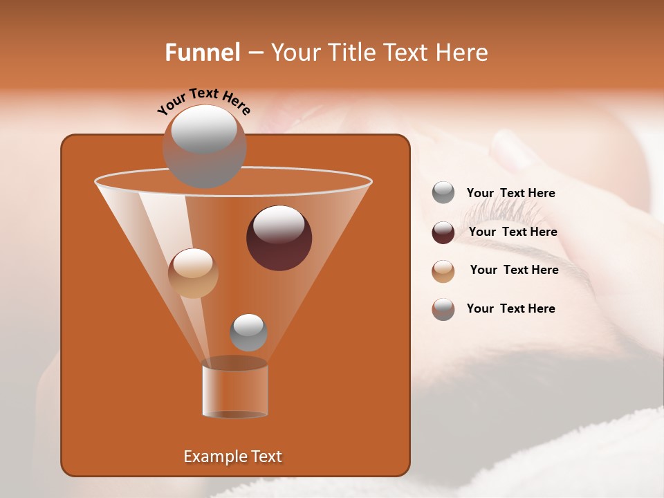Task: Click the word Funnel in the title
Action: click(203, 53)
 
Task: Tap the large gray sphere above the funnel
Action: click(204, 146)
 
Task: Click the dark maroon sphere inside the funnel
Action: click(279, 238)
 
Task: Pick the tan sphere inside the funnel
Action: click(193, 273)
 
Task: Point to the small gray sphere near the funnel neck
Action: click(248, 332)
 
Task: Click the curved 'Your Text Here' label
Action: click(203, 102)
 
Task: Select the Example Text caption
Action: click(232, 456)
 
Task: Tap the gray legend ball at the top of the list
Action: click(443, 193)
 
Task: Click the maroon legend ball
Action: click(443, 232)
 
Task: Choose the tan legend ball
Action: click(443, 270)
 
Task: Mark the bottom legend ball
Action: click(443, 309)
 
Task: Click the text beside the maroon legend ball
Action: click(513, 232)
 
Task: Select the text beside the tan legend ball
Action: click(514, 270)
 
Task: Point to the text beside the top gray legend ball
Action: click(510, 193)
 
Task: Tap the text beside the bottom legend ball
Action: click(510, 308)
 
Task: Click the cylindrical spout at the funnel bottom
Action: click(234, 389)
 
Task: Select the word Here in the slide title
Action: click(462, 53)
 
